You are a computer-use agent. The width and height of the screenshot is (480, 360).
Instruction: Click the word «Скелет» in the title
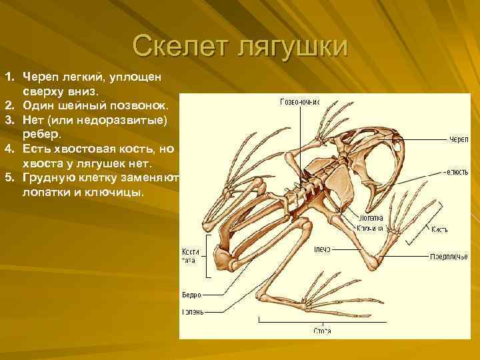[x=177, y=47]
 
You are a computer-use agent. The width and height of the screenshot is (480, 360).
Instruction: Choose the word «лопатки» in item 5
[x=47, y=191]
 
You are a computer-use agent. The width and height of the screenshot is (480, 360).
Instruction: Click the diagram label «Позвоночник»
[x=300, y=102]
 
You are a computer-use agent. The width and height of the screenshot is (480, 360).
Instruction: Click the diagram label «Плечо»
[x=323, y=249]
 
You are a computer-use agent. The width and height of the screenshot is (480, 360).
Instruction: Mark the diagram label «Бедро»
[x=191, y=294]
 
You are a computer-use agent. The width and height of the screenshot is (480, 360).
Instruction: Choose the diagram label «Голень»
[x=193, y=311]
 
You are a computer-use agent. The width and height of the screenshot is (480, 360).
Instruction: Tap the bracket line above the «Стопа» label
[x=324, y=321]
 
